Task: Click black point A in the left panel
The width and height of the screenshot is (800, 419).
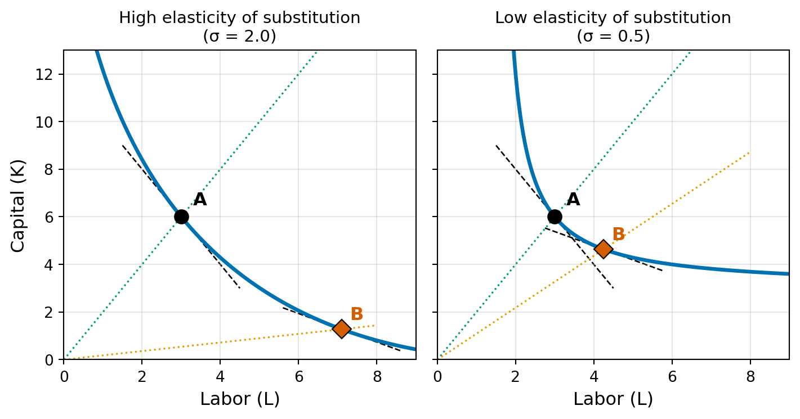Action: click(x=181, y=217)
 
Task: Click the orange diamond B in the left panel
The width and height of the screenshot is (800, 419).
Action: click(x=341, y=328)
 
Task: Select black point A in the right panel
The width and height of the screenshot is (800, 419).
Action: click(x=555, y=217)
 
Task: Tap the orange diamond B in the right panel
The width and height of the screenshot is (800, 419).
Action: click(x=604, y=249)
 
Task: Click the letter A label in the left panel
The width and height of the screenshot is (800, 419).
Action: click(x=200, y=200)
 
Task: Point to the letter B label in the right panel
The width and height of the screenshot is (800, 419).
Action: click(x=618, y=235)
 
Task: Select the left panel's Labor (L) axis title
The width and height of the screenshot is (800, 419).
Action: click(x=240, y=399)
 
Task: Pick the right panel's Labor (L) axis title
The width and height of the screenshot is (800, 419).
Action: click(x=613, y=399)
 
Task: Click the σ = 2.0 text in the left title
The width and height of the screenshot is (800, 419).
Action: click(x=239, y=37)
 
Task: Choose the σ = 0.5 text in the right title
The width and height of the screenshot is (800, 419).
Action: click(x=613, y=37)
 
